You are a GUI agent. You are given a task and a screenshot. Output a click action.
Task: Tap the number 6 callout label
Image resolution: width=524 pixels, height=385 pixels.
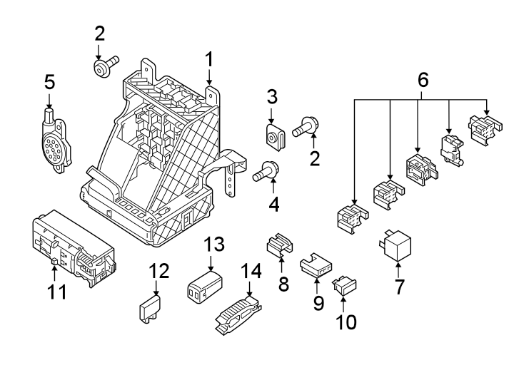423,81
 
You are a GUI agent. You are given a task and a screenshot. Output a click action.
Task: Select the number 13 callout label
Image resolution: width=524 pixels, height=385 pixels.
213,245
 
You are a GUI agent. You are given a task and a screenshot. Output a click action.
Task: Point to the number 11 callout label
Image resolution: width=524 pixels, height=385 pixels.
57,292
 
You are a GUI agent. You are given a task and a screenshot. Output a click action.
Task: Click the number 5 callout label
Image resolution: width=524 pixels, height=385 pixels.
49,82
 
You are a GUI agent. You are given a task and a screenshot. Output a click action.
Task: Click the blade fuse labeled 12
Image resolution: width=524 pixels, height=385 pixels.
148,312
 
